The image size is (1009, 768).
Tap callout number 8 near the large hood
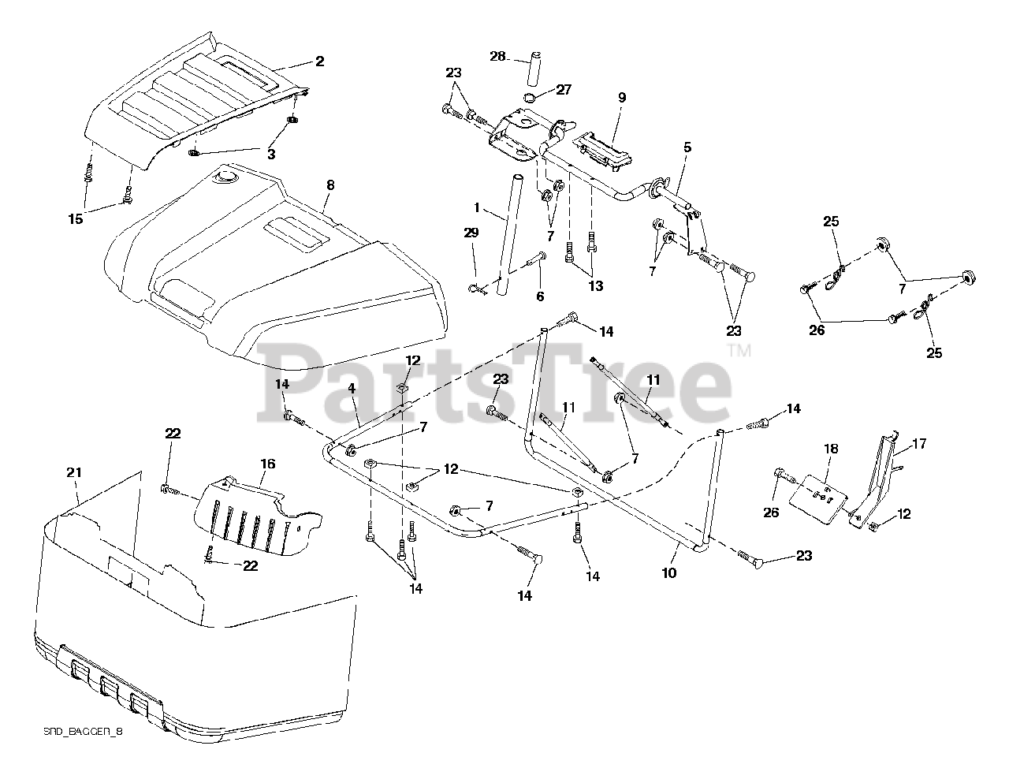click(x=330, y=185)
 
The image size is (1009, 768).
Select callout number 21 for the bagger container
click(x=74, y=472)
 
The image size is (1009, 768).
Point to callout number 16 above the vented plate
click(x=267, y=464)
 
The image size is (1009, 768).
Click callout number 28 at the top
click(x=497, y=56)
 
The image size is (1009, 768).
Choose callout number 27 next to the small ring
click(x=563, y=90)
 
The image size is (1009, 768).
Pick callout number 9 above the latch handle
click(x=622, y=98)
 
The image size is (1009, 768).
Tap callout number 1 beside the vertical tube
click(x=476, y=207)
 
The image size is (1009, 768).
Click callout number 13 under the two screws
click(x=595, y=285)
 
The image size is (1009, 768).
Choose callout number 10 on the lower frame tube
click(x=668, y=573)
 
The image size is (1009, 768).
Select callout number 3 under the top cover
click(x=270, y=155)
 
